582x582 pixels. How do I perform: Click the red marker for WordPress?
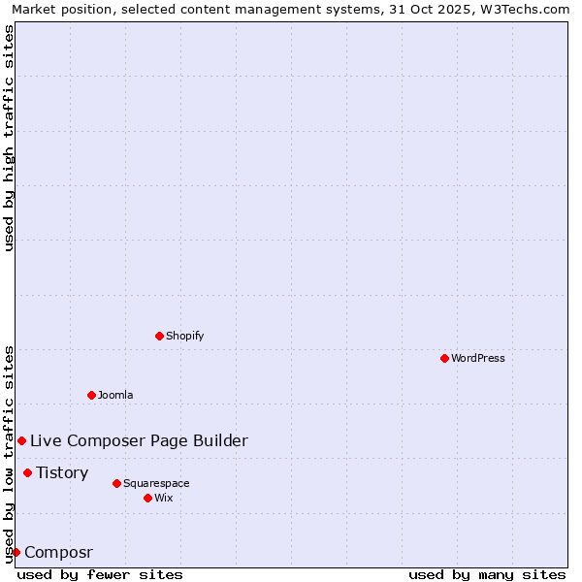click(444, 358)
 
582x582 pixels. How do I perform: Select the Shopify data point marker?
click(159, 336)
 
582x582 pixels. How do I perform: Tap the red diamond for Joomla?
click(91, 395)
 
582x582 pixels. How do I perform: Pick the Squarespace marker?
click(116, 483)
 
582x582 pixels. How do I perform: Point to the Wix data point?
click(147, 498)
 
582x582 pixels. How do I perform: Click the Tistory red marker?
click(27, 472)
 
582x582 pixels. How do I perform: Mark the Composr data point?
click(16, 552)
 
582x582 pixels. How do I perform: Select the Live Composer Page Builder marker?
click(21, 440)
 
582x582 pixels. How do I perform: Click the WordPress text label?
click(478, 358)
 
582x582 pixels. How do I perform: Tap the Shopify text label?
click(185, 336)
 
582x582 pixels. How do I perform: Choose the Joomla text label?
click(115, 395)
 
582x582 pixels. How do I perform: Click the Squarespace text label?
click(156, 483)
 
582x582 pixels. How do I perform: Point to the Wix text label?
click(164, 498)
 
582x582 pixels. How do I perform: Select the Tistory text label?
click(62, 472)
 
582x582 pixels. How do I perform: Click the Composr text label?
click(58, 552)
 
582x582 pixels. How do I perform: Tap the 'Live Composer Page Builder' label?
click(139, 440)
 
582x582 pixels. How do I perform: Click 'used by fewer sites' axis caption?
click(100, 574)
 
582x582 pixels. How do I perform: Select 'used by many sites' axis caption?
click(487, 574)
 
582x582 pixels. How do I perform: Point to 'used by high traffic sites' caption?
click(9, 138)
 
